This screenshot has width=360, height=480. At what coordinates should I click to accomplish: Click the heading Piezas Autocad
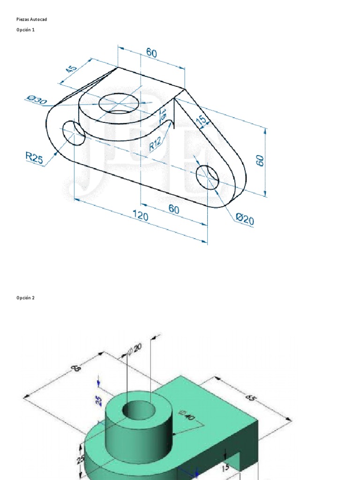32,19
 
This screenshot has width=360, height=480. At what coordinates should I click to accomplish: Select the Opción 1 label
25,30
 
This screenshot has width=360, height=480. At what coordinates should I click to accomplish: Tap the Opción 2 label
25,298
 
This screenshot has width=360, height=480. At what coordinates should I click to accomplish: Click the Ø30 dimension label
37,100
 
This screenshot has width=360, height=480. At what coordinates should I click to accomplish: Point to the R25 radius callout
34,158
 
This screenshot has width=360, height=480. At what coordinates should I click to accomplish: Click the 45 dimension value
71,69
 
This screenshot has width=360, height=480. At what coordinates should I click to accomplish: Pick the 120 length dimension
140,216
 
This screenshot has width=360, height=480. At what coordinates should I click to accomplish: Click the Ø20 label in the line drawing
245,218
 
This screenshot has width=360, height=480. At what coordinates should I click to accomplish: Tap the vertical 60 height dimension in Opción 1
261,160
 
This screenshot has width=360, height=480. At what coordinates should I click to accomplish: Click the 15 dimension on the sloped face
202,120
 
